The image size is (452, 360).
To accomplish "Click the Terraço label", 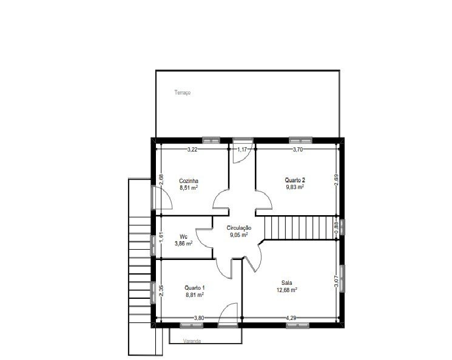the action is pyautogui.click(x=183, y=93).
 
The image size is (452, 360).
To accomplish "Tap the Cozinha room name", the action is pyautogui.click(x=189, y=181).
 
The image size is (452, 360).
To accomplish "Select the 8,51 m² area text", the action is pyautogui.click(x=189, y=188).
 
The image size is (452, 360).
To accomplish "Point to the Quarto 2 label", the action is pyautogui.click(x=295, y=180).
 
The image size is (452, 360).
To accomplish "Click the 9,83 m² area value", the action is pyautogui.click(x=295, y=187).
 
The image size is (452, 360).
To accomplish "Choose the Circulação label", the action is pyautogui.click(x=239, y=228).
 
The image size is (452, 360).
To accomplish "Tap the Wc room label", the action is pyautogui.click(x=184, y=237).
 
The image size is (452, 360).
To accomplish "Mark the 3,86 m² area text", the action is pyautogui.click(x=184, y=244).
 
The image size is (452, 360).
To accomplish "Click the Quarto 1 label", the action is pyautogui.click(x=195, y=288).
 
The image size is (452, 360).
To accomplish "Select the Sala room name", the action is pyautogui.click(x=287, y=283).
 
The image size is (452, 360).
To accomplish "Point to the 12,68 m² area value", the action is pyautogui.click(x=287, y=290).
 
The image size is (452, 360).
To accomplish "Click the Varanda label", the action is pyautogui.click(x=192, y=341).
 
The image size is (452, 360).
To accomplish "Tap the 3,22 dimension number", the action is pyautogui.click(x=192, y=150).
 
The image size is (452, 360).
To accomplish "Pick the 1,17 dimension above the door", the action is pyautogui.click(x=242, y=150).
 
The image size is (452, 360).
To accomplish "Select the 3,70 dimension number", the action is pyautogui.click(x=298, y=150).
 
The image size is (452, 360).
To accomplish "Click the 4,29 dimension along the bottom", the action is pyautogui.click(x=291, y=318).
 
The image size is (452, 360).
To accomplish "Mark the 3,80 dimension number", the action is pyautogui.click(x=199, y=318).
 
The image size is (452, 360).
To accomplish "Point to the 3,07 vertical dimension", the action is pyautogui.click(x=336, y=281).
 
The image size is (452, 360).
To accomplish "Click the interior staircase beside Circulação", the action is pyautogui.click(x=299, y=227).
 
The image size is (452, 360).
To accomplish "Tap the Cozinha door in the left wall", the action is pyautogui.click(x=162, y=198).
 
